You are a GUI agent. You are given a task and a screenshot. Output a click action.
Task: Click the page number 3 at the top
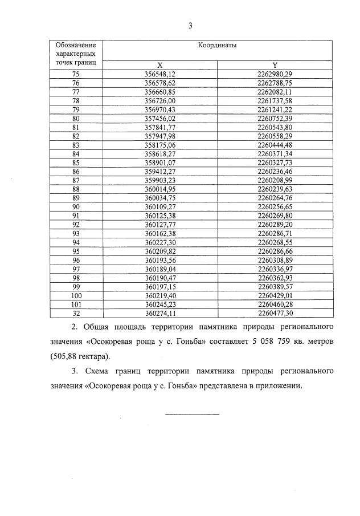pos(191,26)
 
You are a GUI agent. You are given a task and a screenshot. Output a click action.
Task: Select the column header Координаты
pos(217,45)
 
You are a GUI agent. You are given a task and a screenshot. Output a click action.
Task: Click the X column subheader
pos(160,65)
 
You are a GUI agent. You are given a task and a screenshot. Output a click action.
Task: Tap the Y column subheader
pos(275,65)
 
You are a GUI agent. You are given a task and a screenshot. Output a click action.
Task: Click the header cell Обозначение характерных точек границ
pos(76,53)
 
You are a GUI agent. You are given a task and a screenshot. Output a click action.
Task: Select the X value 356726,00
pos(160,101)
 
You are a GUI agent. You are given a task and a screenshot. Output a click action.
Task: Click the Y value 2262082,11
pos(275,92)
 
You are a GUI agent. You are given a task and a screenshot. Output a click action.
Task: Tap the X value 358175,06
pos(160,145)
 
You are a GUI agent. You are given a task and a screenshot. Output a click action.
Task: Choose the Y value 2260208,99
pos(275,180)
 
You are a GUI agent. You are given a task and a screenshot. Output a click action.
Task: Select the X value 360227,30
pos(160,242)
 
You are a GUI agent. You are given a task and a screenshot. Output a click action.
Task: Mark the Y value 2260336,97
pos(275,269)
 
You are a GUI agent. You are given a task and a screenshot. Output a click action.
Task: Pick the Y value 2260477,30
pos(275,313)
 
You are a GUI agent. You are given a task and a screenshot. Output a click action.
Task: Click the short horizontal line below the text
pos(192,414)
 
